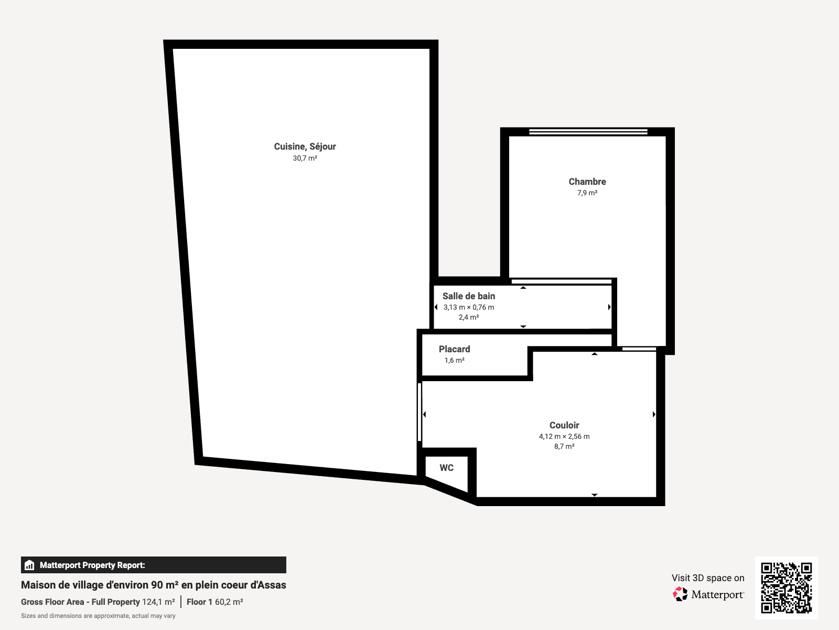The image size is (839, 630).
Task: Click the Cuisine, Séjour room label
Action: tap(305, 146)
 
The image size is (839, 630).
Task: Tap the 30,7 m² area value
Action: tap(305, 159)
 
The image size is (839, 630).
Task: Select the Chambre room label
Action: tap(587, 182)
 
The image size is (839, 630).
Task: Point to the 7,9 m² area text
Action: tap(587, 193)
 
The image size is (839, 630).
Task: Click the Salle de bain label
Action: tap(469, 296)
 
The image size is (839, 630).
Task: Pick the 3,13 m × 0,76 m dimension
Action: tap(469, 307)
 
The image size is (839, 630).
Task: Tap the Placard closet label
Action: tap(454, 349)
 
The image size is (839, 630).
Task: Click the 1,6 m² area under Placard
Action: tap(454, 360)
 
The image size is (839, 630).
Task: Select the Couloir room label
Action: tap(564, 425)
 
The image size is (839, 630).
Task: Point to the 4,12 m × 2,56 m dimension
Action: tap(564, 436)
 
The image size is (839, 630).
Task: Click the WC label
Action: tap(446, 468)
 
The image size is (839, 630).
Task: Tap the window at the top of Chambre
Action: tap(588, 132)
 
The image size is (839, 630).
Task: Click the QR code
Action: tap(786, 587)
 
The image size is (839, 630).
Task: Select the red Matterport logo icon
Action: tap(680, 594)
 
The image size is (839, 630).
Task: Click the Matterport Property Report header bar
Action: tap(153, 565)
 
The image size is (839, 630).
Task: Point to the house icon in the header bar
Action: tap(29, 565)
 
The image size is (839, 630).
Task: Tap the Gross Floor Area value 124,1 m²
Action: tap(159, 602)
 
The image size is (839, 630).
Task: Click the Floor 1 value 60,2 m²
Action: tap(229, 602)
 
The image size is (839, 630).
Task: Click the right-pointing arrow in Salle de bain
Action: tap(609, 307)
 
